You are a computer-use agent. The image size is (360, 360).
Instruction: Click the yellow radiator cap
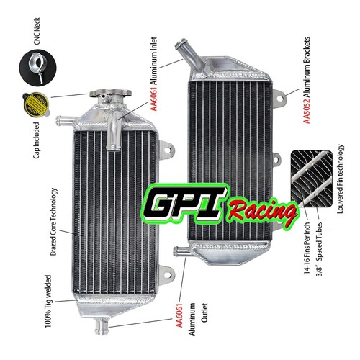[36, 104]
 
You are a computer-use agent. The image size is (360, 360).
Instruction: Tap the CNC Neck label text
[37, 31]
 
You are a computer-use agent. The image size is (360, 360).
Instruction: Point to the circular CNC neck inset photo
[37, 68]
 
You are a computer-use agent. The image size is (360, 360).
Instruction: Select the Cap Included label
[36, 140]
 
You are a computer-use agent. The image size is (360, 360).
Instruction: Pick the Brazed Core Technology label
[53, 222]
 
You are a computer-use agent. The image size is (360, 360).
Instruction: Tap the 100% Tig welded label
[48, 302]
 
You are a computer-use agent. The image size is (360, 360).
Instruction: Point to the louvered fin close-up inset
[312, 179]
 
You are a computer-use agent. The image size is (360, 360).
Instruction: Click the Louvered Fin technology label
[341, 179]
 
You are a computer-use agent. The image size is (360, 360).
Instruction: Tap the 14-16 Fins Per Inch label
[307, 248]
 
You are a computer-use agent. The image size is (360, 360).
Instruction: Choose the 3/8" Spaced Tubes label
[320, 249]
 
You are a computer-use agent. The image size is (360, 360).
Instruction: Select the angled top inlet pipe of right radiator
[189, 55]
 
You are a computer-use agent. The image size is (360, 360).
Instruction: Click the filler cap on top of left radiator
[111, 94]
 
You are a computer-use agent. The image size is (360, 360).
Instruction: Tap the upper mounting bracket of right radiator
[279, 98]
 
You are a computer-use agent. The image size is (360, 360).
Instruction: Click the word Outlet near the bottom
[204, 312]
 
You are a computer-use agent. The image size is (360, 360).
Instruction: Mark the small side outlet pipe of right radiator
[181, 251]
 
